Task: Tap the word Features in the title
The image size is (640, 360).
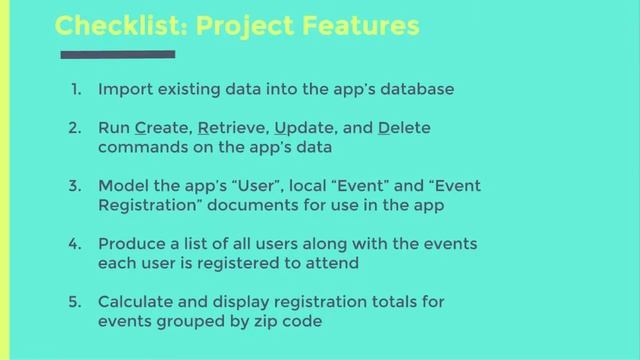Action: [357, 25]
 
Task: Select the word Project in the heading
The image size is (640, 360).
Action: [241, 25]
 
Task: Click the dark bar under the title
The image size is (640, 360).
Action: [117, 54]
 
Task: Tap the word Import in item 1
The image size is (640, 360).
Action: [123, 89]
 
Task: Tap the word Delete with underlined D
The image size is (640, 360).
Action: [404, 129]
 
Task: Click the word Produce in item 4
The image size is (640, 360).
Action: [130, 244]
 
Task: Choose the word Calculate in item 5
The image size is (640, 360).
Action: [136, 301]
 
